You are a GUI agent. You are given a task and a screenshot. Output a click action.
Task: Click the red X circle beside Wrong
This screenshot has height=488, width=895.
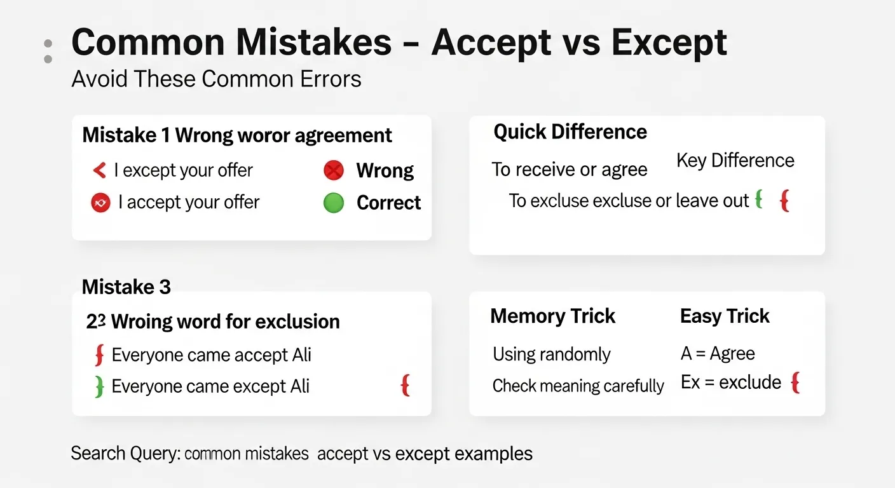click(334, 170)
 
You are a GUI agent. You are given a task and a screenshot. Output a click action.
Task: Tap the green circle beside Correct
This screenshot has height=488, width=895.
click(334, 203)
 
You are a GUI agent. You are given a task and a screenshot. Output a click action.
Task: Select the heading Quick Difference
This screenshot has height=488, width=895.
click(570, 132)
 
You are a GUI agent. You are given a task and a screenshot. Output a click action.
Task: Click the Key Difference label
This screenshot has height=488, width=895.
click(735, 160)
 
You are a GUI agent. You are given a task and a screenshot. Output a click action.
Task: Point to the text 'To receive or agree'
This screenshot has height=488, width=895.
click(569, 170)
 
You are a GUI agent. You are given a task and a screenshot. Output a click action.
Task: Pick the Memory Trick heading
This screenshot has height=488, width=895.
click(552, 316)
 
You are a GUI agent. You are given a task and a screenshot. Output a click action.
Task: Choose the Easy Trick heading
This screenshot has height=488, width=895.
click(725, 316)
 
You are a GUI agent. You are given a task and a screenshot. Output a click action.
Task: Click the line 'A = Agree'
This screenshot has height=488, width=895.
click(718, 353)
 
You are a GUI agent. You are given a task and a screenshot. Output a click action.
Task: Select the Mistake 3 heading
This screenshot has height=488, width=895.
click(126, 287)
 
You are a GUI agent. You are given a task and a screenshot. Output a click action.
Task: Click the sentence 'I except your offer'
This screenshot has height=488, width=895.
click(183, 170)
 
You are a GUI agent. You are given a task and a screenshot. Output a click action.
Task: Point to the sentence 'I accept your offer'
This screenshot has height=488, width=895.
click(189, 202)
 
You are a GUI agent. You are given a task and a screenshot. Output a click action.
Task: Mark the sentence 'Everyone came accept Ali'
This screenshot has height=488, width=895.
click(211, 355)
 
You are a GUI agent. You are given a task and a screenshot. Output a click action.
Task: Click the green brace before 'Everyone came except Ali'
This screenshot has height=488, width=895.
click(99, 386)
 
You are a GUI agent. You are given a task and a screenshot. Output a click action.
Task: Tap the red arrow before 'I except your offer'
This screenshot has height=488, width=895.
click(99, 170)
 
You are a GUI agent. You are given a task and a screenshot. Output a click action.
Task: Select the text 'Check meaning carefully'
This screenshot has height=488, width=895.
click(578, 386)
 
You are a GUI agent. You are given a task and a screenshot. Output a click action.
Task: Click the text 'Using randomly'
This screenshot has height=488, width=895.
click(551, 354)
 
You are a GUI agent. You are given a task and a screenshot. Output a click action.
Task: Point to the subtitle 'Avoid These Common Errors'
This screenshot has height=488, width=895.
click(216, 79)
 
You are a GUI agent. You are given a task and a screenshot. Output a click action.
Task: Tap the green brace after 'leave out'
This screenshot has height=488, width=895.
click(758, 200)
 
